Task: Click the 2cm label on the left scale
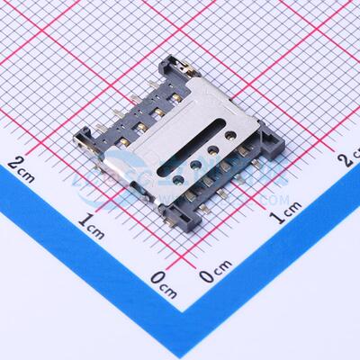point(21,165)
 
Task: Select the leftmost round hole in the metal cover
point(195,167)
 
